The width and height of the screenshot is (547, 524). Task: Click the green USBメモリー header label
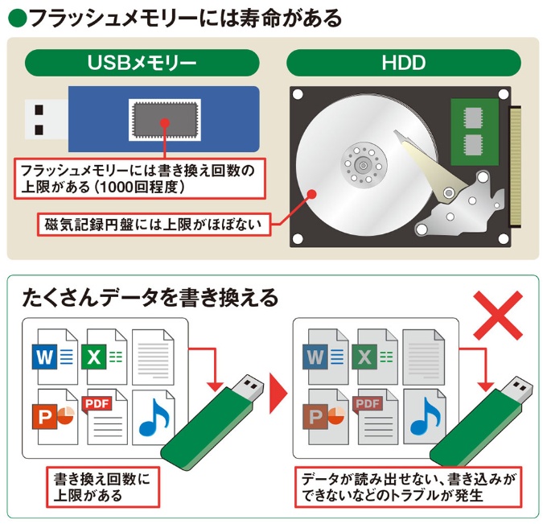click(142, 63)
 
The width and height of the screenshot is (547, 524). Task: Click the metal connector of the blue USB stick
click(46, 119)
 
